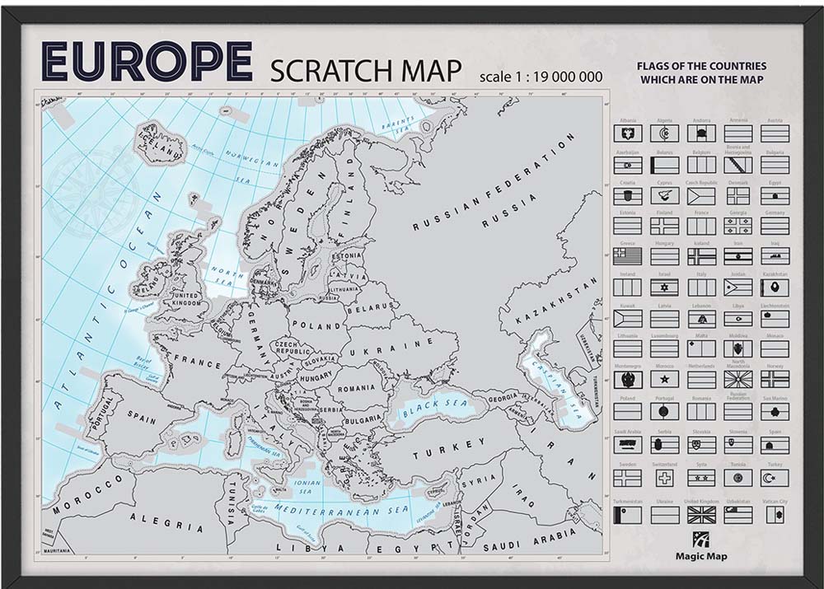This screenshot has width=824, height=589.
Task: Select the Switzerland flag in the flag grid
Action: pyautogui.click(x=664, y=478)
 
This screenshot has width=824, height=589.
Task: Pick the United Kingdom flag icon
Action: pyautogui.click(x=701, y=515)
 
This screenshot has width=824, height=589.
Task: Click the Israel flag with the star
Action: pyautogui.click(x=664, y=287)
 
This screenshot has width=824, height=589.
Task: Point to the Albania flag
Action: pyautogui.click(x=627, y=133)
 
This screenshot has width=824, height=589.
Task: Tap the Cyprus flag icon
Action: pyautogui.click(x=664, y=196)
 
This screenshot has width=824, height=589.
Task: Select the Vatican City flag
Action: pyautogui.click(x=775, y=515)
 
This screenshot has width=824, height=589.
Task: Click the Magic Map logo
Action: pyautogui.click(x=701, y=546)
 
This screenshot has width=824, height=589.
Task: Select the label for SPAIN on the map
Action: pyautogui.click(x=141, y=419)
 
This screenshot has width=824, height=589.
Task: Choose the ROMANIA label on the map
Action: pyautogui.click(x=355, y=387)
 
